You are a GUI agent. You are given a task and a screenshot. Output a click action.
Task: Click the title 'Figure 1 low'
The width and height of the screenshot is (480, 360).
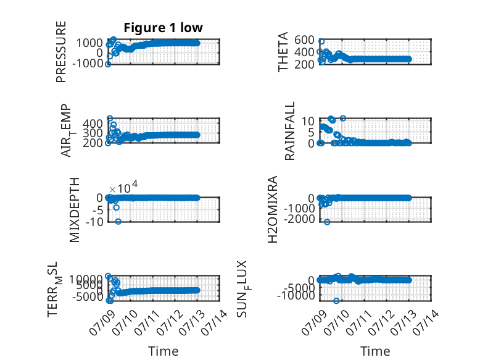[x=163, y=28]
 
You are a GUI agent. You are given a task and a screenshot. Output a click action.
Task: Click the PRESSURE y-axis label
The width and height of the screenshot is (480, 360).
[x=61, y=52]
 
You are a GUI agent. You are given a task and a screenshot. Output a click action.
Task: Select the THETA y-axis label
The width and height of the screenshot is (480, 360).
[x=283, y=52]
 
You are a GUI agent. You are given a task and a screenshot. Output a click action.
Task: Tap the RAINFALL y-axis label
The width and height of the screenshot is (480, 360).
[x=289, y=131]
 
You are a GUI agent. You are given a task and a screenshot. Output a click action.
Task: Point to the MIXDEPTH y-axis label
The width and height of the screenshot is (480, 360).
[x=75, y=210]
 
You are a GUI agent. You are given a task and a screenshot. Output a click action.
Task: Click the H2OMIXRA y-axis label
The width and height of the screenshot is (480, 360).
[x=273, y=209]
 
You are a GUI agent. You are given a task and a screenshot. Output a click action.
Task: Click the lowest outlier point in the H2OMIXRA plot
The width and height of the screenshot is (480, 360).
[x=327, y=222]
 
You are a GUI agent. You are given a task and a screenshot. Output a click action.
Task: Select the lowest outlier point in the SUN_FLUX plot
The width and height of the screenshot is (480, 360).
[x=336, y=301]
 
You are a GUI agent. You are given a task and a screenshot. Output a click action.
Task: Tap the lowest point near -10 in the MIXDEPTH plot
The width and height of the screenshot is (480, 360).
[x=118, y=222]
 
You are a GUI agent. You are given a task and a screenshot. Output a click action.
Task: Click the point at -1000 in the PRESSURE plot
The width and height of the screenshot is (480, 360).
[x=108, y=64]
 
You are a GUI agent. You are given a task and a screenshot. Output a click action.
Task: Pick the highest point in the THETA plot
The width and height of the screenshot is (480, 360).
[x=321, y=41]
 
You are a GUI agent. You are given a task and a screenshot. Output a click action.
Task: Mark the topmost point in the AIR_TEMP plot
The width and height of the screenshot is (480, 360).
[x=110, y=118]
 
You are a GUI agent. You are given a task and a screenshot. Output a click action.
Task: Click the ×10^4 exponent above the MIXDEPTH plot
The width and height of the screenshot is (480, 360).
[x=123, y=187]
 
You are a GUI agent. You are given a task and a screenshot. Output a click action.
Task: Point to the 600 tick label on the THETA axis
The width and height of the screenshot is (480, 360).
[x=304, y=40]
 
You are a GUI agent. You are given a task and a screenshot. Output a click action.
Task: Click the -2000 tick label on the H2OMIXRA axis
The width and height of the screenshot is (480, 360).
[x=299, y=219]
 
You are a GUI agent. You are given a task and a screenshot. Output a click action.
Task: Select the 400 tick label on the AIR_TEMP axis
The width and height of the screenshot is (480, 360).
[x=93, y=123]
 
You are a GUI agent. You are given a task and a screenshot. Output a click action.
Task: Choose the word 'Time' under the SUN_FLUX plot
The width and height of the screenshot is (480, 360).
[x=375, y=351]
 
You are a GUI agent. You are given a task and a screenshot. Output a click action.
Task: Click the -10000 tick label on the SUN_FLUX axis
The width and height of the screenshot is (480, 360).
[x=296, y=296]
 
